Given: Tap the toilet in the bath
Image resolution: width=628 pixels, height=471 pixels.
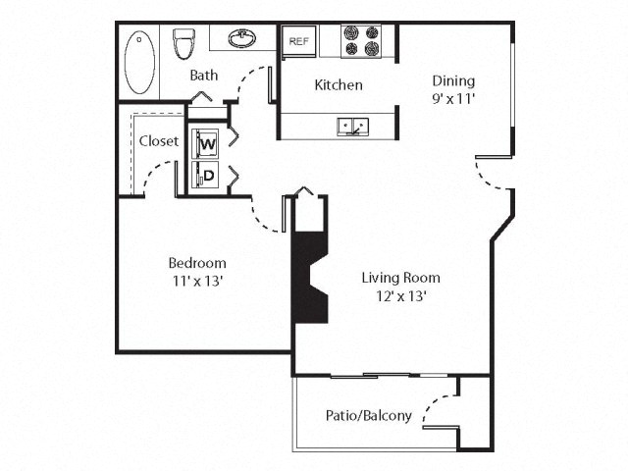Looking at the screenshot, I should point(183,45).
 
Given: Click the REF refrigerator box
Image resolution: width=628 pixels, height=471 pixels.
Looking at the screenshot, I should point(297,42).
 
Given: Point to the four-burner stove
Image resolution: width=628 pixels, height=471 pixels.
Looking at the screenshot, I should point(360,41).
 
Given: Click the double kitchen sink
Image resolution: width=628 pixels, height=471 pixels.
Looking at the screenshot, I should point(352,126).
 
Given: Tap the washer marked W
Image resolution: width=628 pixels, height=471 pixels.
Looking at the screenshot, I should point(207,144).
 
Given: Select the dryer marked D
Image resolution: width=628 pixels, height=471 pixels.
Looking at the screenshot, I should point(207,176).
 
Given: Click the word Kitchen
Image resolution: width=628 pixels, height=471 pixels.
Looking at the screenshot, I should point(338,85).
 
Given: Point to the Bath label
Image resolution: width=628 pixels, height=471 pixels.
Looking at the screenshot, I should point(204,76).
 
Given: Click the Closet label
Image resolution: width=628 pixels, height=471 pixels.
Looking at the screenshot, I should point(158,141).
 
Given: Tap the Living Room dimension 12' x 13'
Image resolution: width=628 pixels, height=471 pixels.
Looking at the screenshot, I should point(399,295).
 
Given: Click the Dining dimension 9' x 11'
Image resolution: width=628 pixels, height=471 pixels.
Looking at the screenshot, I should point(452,98).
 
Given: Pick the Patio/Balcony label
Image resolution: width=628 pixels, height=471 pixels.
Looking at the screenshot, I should point(368,415).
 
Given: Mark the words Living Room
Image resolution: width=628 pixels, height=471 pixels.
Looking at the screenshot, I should point(399,277).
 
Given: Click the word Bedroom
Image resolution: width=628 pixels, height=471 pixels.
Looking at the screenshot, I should point(197,263).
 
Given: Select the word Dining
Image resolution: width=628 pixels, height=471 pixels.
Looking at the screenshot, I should point(452,80).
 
